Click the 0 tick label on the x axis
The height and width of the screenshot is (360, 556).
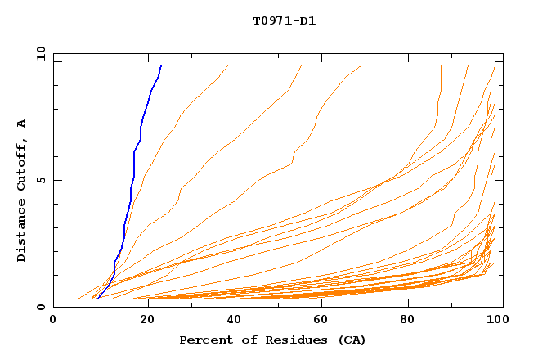tap(53, 320)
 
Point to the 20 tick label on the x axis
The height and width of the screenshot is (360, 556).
tap(142, 320)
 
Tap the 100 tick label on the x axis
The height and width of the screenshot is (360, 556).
tap(495, 320)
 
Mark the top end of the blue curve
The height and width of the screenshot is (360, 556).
tap(161, 65)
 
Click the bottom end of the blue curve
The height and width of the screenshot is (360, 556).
tap(97, 299)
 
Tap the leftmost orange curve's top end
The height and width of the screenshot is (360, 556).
tap(228, 65)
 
